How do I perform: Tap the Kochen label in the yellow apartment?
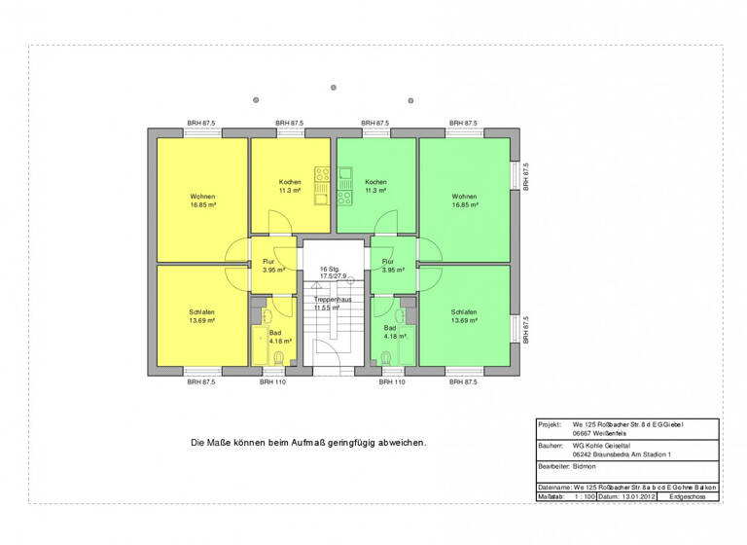point(290,182)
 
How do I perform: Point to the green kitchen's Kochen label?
point(375,182)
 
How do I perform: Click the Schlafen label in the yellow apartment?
point(202,312)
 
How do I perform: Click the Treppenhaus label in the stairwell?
point(333,300)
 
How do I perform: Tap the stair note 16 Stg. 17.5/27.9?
point(333,272)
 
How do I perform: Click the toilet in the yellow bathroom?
point(280,358)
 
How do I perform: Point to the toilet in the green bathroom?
point(386,358)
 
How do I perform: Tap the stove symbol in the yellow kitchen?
point(322,174)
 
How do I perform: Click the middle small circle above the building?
point(334,85)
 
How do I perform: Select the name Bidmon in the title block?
point(586,467)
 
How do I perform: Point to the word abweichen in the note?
point(401,443)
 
